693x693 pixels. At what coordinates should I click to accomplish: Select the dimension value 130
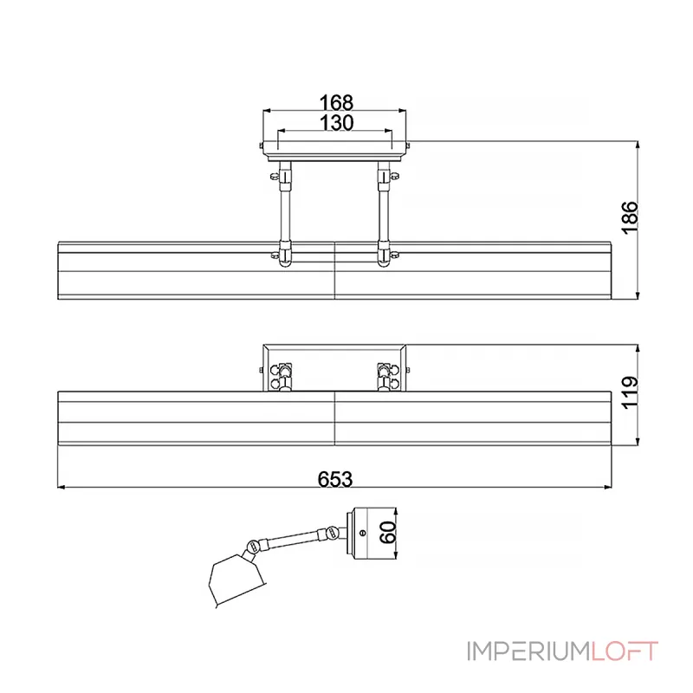(335, 123)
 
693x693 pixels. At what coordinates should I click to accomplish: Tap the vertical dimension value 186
(630, 217)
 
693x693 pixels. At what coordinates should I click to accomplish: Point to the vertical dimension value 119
(630, 392)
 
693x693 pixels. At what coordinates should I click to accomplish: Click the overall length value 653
(335, 477)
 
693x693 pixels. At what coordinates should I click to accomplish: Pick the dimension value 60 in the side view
(389, 530)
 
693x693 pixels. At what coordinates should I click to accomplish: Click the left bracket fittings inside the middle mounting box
(281, 374)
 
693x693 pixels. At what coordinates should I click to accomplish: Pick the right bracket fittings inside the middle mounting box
(385, 374)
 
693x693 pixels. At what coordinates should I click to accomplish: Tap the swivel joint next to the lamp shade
(252, 547)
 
